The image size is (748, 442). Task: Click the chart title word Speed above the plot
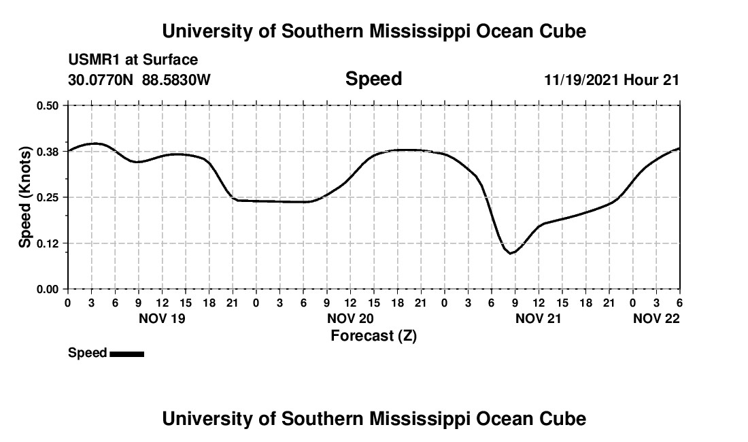[x=373, y=79]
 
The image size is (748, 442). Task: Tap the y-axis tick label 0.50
[x=48, y=105]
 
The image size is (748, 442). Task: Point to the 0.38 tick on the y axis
[x=48, y=151]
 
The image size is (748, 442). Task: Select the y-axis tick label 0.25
[x=48, y=197]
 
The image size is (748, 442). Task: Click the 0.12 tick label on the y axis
[x=48, y=243]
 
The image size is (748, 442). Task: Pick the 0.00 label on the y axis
[x=48, y=290]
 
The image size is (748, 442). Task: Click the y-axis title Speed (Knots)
[x=25, y=197]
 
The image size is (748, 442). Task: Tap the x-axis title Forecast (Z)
[x=373, y=336]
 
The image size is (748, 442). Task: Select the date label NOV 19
[x=162, y=318]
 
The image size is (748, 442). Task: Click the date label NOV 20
[x=350, y=318]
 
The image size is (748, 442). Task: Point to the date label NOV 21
[x=538, y=318]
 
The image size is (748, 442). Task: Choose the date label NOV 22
[x=656, y=318]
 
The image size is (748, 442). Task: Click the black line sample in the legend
[x=126, y=354]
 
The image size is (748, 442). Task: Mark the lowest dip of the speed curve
[x=511, y=253]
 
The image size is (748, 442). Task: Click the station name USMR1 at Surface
[x=133, y=61]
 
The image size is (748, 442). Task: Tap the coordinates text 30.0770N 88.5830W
[x=139, y=80]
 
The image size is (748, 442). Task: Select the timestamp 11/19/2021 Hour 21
[x=611, y=80]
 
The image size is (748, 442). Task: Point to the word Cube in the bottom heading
[x=563, y=418]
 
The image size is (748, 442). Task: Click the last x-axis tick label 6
[x=679, y=302]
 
